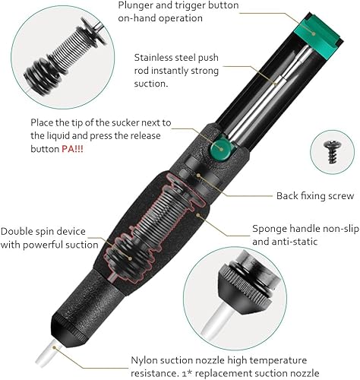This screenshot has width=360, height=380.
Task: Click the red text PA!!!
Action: [72, 149]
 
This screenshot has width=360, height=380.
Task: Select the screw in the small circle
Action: [333, 151]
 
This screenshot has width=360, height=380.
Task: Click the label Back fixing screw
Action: [315, 196]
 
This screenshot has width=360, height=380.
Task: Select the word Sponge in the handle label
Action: [270, 230]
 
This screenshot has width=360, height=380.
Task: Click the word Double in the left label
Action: [17, 232]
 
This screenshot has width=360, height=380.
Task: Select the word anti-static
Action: [285, 242]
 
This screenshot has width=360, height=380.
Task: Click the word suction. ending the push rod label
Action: [151, 84]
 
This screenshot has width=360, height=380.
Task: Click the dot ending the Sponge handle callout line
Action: [198, 214]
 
